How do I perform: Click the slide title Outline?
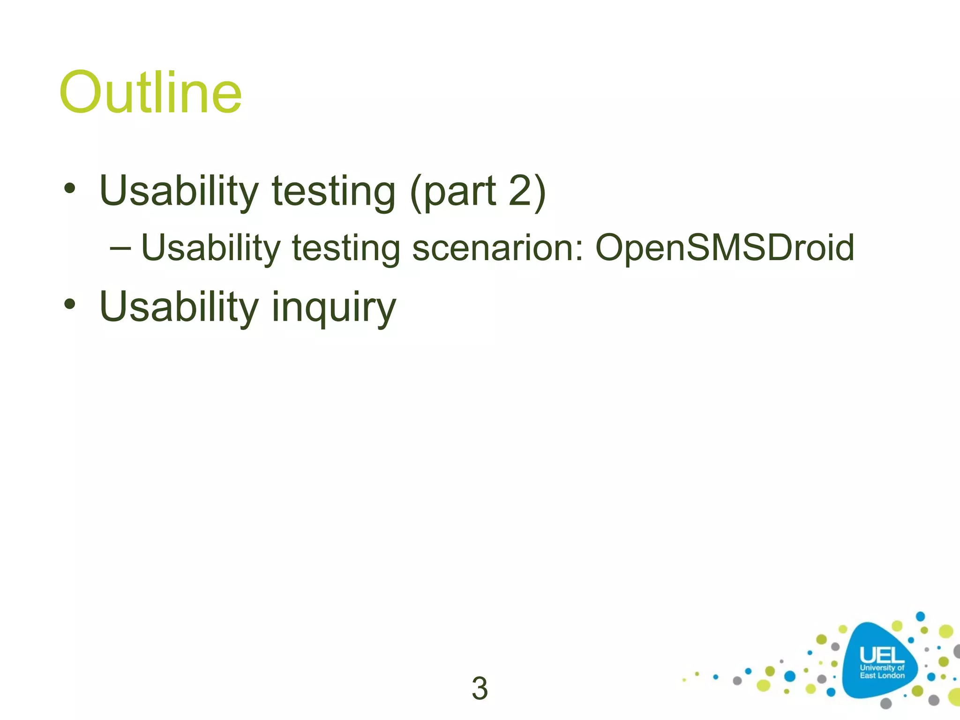pyautogui.click(x=150, y=92)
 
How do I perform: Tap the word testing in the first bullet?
pyautogui.click(x=333, y=191)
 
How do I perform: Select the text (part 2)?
pyautogui.click(x=478, y=191)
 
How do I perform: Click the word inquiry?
pyautogui.click(x=334, y=307)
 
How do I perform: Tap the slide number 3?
pyautogui.click(x=480, y=689)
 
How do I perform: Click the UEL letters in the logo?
pyautogui.click(x=882, y=655)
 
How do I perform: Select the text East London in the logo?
pyautogui.click(x=882, y=675)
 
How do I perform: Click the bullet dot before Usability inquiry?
pyautogui.click(x=70, y=305)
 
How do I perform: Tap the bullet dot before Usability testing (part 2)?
pyautogui.click(x=70, y=188)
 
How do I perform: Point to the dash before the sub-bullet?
pyautogui.click(x=120, y=247)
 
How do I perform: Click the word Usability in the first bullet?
pyautogui.click(x=179, y=191)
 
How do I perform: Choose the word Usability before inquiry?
pyautogui.click(x=179, y=307)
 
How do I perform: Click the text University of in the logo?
pyautogui.click(x=882, y=667)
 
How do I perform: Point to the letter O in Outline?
pyautogui.click(x=81, y=92)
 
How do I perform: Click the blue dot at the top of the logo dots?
pyautogui.click(x=920, y=616)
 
